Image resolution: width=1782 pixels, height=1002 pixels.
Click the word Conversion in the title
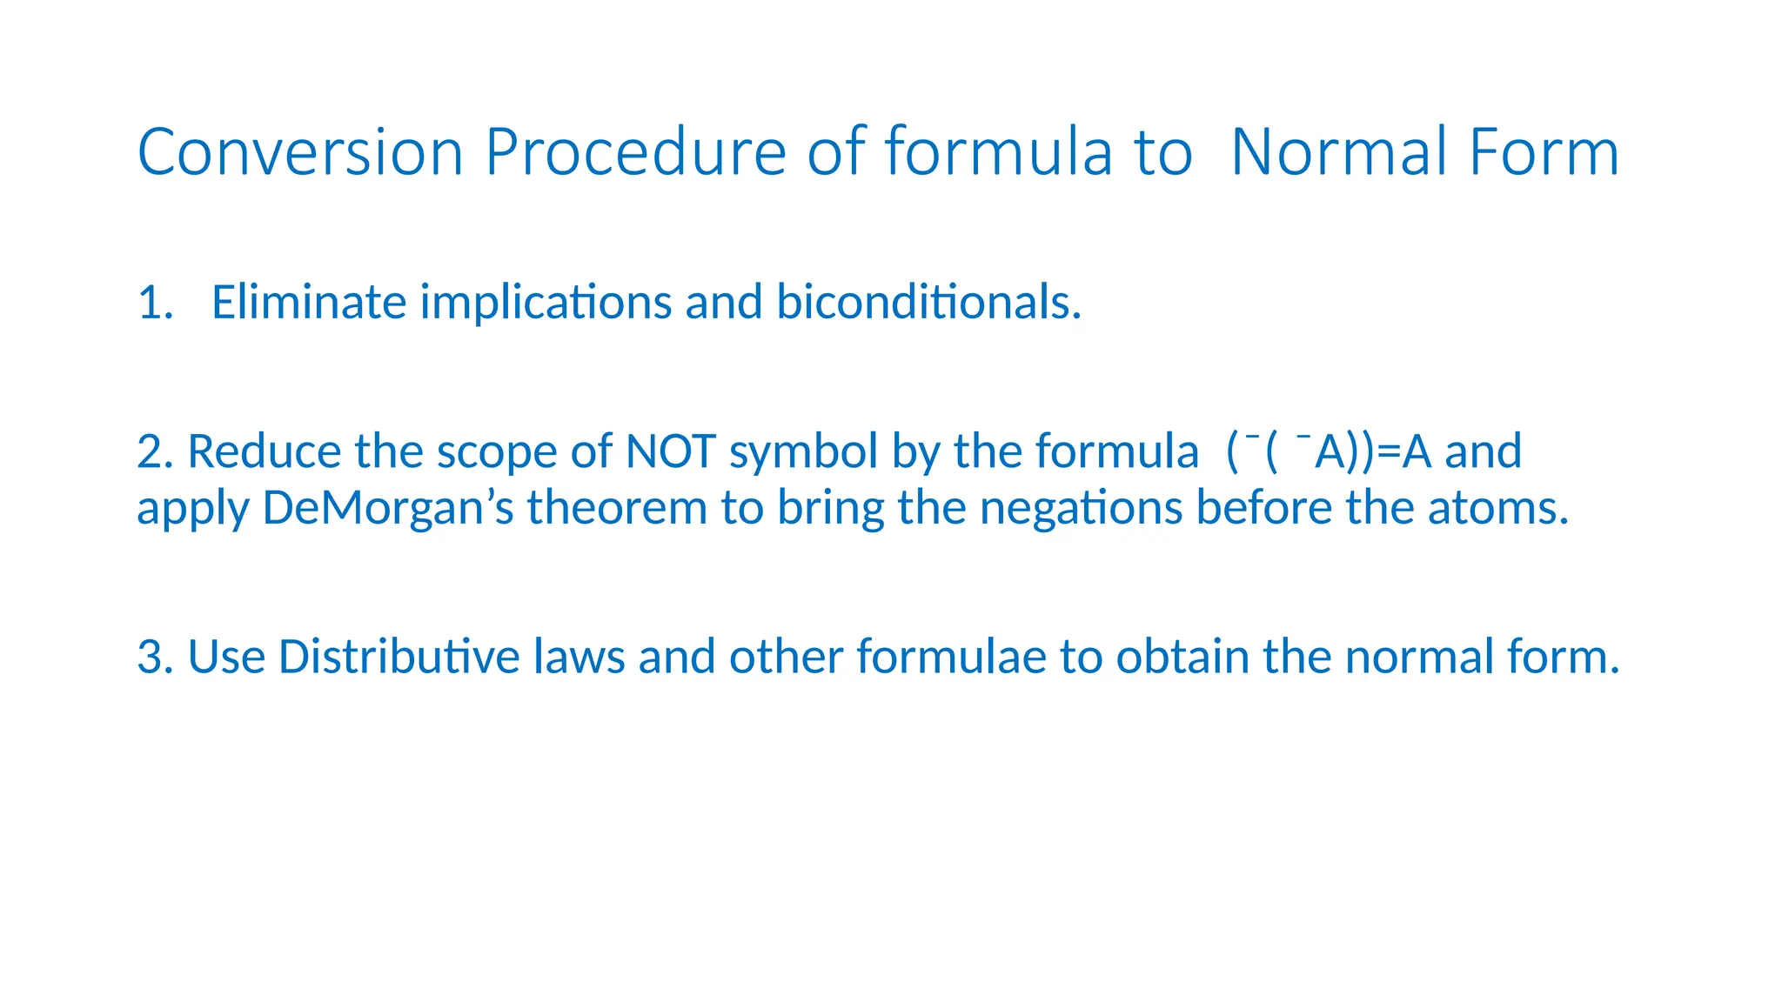pyautogui.click(x=300, y=152)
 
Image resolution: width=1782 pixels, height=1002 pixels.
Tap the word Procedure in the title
pyautogui.click(x=636, y=152)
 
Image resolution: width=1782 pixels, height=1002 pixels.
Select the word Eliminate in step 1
pyautogui.click(x=309, y=302)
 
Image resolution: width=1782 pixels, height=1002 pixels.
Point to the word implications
pyautogui.click(x=546, y=304)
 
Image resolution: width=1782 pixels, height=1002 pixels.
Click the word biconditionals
pyautogui.click(x=928, y=302)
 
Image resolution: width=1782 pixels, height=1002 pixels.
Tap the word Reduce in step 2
pyautogui.click(x=265, y=451)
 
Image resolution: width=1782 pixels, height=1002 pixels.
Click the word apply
pyautogui.click(x=193, y=510)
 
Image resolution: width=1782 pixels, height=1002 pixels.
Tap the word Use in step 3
pyautogui.click(x=226, y=657)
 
